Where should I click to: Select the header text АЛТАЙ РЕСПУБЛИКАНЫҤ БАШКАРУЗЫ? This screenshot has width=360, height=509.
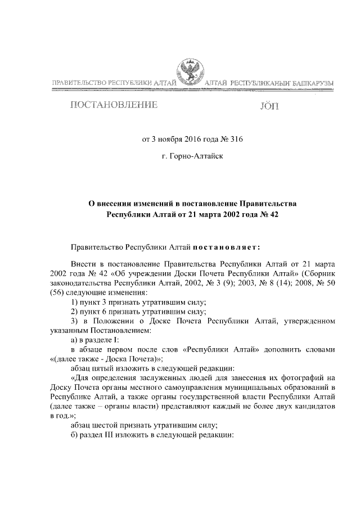(269, 84)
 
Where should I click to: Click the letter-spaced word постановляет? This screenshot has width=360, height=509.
(228, 246)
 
